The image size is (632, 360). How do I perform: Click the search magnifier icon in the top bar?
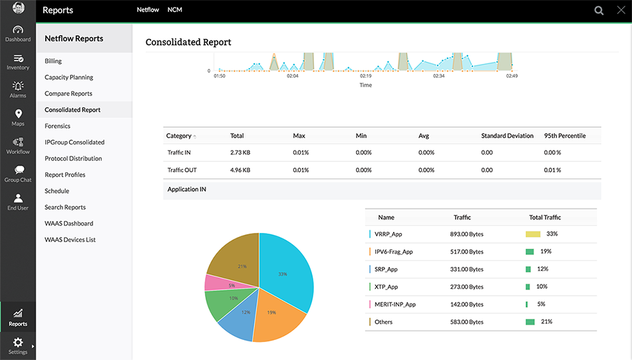coord(599,11)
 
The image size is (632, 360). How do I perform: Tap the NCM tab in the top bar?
coord(175,10)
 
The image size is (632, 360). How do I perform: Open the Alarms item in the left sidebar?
coord(18,89)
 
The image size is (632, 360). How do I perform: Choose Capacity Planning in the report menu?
coord(69,77)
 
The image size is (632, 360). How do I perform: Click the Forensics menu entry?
coord(57,126)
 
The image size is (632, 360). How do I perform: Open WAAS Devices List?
coord(70,240)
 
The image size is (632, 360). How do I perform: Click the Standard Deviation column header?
coord(507,136)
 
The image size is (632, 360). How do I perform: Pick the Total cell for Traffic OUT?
coord(240,170)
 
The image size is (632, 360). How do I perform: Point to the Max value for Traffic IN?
coord(301,152)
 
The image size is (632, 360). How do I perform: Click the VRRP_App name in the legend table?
coord(389,234)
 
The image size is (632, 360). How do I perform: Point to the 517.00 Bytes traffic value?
coord(466,252)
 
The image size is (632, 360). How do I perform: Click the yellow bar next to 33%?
coord(532,234)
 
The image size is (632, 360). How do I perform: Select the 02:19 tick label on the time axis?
coord(366,77)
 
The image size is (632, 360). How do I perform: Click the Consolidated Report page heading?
coord(188,42)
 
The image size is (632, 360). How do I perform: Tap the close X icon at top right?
coord(621,10)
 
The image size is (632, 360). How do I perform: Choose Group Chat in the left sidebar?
coord(18,174)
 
